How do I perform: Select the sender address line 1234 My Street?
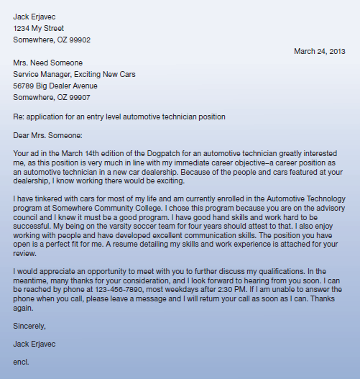tap(43, 28)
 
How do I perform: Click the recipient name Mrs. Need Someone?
tap(47, 63)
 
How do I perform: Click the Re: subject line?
tap(119, 116)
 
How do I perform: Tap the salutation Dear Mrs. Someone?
tap(48, 134)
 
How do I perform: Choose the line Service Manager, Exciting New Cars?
tap(74, 74)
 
